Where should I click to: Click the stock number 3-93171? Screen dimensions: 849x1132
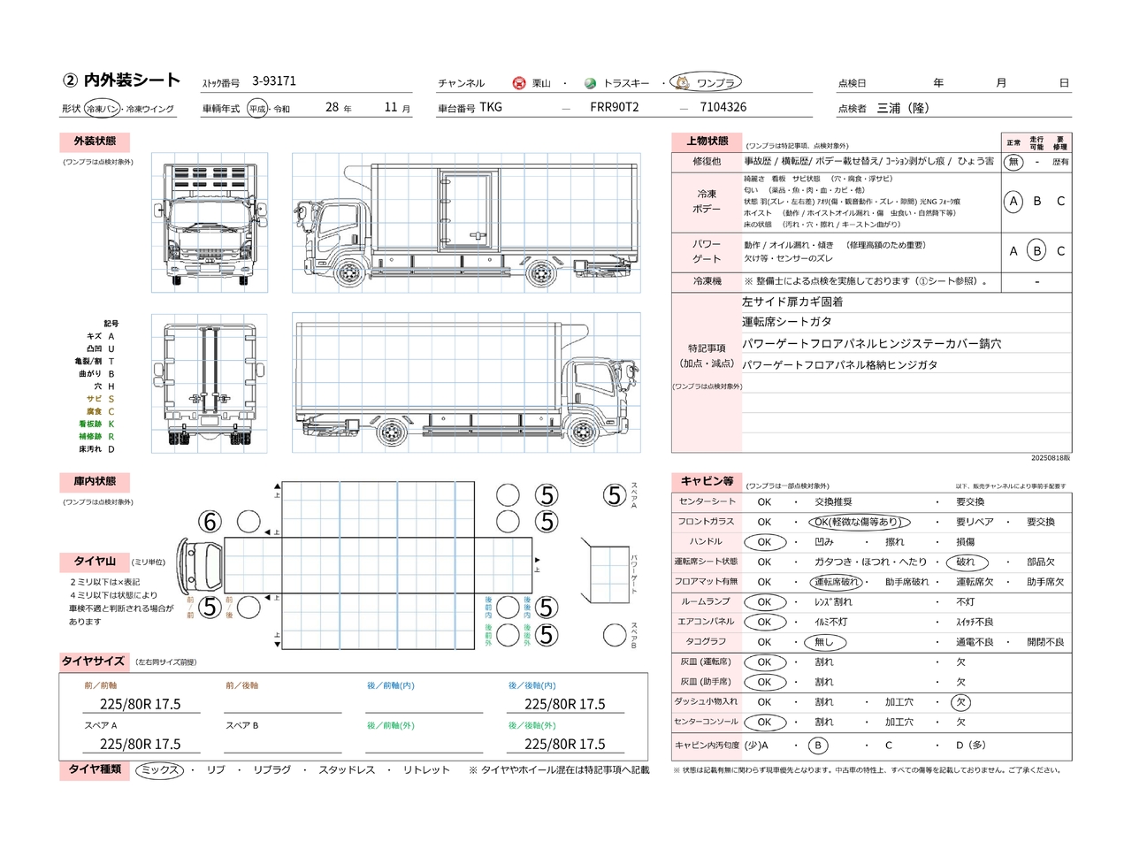click(x=274, y=81)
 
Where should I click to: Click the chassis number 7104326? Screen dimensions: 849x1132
click(x=723, y=107)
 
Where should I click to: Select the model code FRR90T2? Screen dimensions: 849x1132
click(x=614, y=107)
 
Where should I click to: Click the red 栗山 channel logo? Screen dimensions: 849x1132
click(x=519, y=83)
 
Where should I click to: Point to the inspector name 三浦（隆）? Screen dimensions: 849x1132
click(x=903, y=108)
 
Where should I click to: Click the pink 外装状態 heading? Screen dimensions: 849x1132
click(x=95, y=141)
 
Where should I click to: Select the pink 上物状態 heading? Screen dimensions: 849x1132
click(x=707, y=141)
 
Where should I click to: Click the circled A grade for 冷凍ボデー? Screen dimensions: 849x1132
click(x=1013, y=201)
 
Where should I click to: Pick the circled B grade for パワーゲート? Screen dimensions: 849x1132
click(x=1036, y=251)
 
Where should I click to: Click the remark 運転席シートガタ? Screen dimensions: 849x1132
click(x=786, y=322)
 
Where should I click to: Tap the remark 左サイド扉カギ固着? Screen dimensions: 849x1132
click(x=792, y=302)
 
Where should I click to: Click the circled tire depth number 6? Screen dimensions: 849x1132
click(x=210, y=522)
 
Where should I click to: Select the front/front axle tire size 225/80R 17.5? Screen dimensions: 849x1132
click(x=140, y=704)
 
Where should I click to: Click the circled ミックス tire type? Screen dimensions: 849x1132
click(x=160, y=770)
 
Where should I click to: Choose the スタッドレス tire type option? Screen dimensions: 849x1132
click(x=347, y=770)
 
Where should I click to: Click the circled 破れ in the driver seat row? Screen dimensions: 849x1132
click(x=965, y=562)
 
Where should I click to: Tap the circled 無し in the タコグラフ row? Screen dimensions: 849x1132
click(x=824, y=642)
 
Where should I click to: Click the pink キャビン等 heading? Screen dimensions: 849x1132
click(x=707, y=481)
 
